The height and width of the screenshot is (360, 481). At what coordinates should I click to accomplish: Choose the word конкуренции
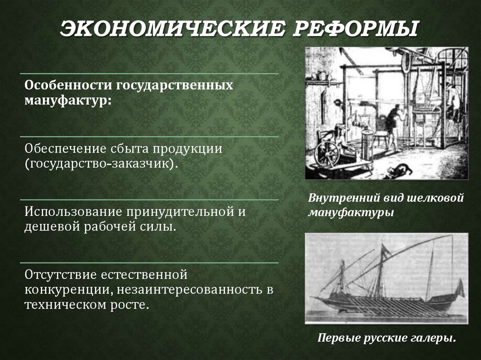(x=67, y=289)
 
